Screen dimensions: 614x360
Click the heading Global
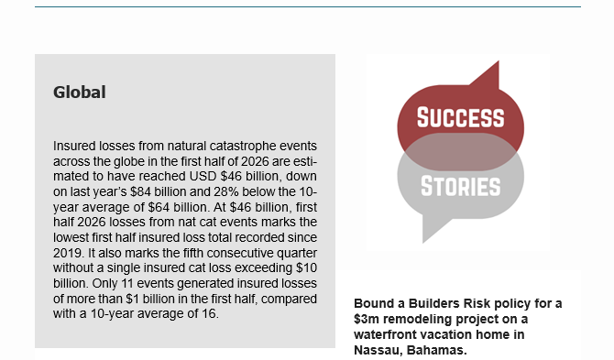tap(80, 93)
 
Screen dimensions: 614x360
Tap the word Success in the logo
tap(460, 117)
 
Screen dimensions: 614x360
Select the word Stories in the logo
tap(460, 186)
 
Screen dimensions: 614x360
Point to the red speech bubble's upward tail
tap(488, 74)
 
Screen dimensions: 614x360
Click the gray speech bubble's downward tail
tap(433, 228)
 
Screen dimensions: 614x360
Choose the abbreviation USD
tap(203, 176)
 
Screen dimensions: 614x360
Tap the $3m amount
tap(367, 320)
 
